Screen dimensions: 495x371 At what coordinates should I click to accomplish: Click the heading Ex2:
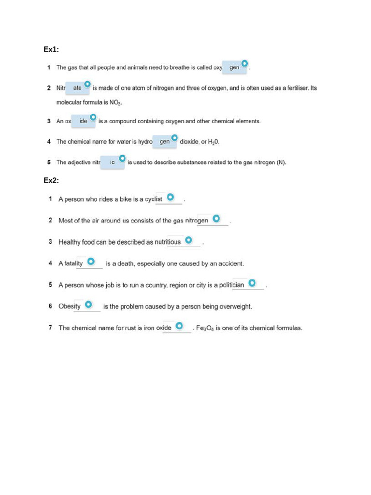click(x=51, y=180)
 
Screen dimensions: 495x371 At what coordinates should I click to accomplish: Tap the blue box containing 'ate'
click(x=77, y=88)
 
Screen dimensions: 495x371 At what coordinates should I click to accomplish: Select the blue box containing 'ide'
click(x=83, y=121)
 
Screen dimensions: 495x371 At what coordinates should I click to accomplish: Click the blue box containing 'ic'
click(x=112, y=163)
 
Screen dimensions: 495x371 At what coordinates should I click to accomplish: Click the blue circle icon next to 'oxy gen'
click(x=245, y=63)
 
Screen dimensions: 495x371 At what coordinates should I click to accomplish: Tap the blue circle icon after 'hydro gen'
click(x=174, y=138)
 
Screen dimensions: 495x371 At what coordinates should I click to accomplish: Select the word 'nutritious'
click(x=167, y=242)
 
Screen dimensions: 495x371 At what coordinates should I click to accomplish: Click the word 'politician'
click(x=231, y=285)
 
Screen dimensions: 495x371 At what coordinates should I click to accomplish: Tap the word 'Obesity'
click(x=70, y=306)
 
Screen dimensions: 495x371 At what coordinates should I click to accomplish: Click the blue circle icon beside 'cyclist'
click(x=171, y=197)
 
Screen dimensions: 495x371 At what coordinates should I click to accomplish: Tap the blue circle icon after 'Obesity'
click(x=89, y=304)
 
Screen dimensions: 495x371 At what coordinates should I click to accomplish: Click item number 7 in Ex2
click(x=50, y=328)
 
